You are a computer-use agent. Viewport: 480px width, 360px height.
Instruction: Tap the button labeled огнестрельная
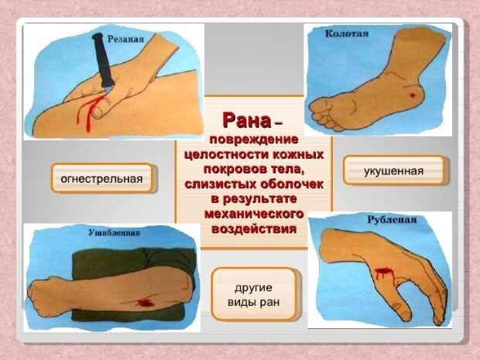pyautogui.click(x=101, y=179)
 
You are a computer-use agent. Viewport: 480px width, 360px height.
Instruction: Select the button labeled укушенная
pyautogui.click(x=393, y=170)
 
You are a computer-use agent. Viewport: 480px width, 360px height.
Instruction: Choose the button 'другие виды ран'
pyautogui.click(x=254, y=293)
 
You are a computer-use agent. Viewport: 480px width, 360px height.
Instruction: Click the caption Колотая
pyautogui.click(x=347, y=34)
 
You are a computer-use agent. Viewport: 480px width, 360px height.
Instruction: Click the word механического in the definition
pyautogui.click(x=254, y=214)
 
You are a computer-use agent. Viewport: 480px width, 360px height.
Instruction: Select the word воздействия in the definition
pyautogui.click(x=254, y=229)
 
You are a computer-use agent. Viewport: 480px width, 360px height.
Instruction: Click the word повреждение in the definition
pyautogui.click(x=254, y=140)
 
